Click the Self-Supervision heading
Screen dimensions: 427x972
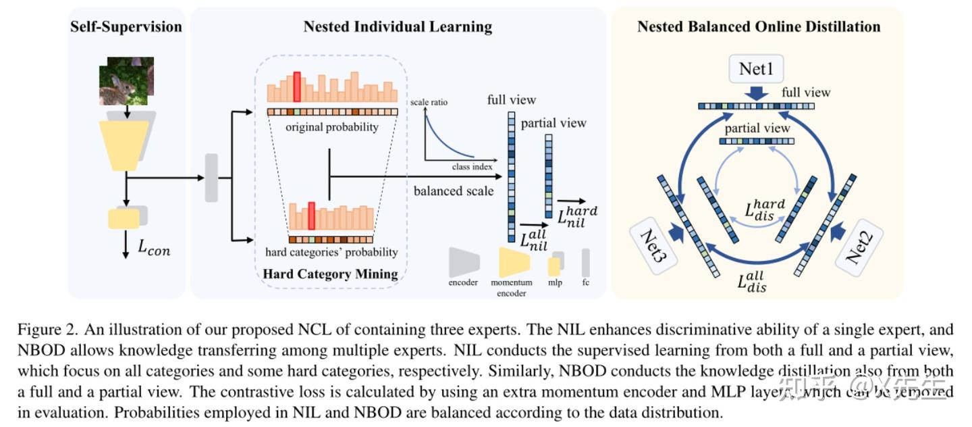[126, 27]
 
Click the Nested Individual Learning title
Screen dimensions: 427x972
[398, 27]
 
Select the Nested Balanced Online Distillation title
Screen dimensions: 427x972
[759, 27]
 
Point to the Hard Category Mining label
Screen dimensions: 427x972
[330, 274]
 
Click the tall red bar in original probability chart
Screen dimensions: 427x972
[297, 86]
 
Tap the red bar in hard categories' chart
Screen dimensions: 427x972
[312, 216]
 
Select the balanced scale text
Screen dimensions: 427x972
[454, 191]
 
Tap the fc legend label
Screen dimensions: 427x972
[585, 282]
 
